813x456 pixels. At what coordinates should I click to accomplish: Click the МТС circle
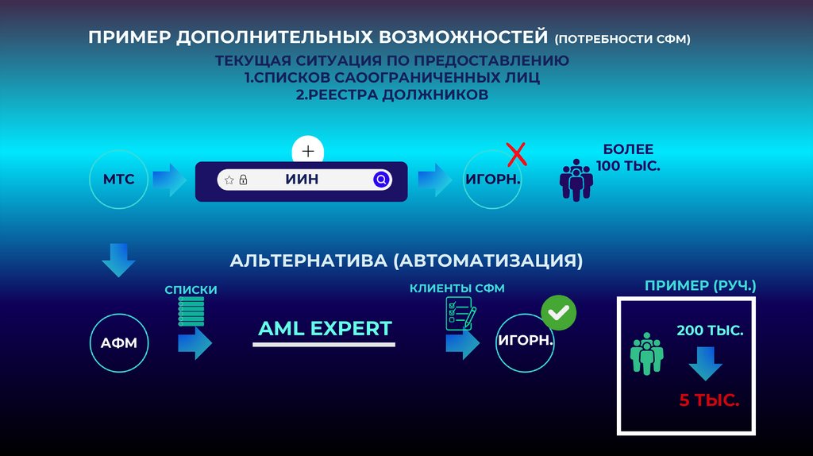pyautogui.click(x=119, y=180)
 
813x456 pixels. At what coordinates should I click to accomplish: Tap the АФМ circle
pyautogui.click(x=119, y=344)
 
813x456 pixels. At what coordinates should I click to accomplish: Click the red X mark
pyautogui.click(x=517, y=153)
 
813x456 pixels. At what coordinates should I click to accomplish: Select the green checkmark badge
pyautogui.click(x=559, y=313)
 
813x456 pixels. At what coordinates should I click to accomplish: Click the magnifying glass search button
pyautogui.click(x=381, y=180)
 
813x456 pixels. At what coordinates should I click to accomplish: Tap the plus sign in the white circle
pyautogui.click(x=308, y=151)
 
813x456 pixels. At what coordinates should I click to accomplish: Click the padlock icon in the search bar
pyautogui.click(x=243, y=180)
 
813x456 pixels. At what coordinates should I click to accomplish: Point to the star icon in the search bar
pyautogui.click(x=229, y=180)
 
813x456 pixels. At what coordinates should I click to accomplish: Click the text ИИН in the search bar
pyautogui.click(x=302, y=180)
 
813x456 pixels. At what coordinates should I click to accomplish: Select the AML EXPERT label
pyautogui.click(x=325, y=328)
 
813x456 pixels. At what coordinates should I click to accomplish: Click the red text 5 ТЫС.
pyautogui.click(x=708, y=400)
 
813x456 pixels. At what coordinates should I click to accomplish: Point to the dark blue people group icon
pyautogui.click(x=576, y=181)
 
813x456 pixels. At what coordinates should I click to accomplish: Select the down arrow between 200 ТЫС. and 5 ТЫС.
pyautogui.click(x=704, y=362)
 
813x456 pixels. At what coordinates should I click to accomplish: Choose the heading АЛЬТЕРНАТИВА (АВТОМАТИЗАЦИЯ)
pyautogui.click(x=406, y=261)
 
